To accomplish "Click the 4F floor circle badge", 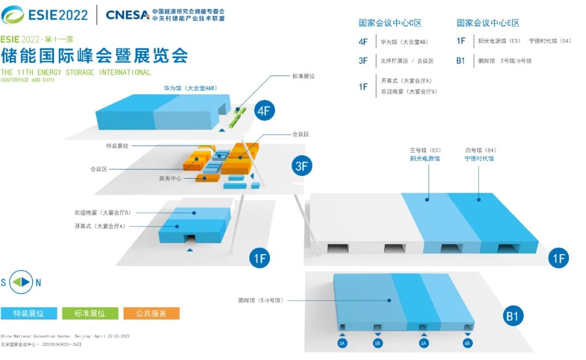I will coord(264,111).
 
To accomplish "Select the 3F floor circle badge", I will coord(302,166).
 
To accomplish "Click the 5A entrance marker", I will coord(342,343).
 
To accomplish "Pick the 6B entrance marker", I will coord(467,343).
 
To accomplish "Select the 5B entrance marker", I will coord(378,343).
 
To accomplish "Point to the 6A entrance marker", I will coord(423,343).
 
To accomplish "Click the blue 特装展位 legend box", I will coord(29,313).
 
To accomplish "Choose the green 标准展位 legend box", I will coord(91,313).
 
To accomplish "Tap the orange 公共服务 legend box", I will coord(151,313).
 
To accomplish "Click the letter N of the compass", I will coord(38,282).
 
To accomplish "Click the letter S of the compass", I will coord(4,282).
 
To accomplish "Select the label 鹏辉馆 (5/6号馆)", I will coord(260,300).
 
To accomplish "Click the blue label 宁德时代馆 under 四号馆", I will coord(479,159).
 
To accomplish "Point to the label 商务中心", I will coord(170,178).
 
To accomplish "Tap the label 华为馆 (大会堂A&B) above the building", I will coord(191,87).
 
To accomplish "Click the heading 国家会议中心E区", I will coord(488,23).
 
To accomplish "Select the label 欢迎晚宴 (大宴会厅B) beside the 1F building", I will coord(103,213).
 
